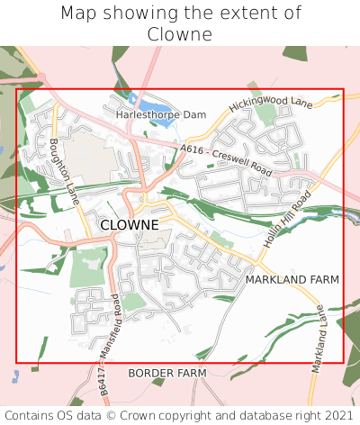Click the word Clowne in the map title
[x=180, y=34]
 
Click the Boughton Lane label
[x=64, y=169]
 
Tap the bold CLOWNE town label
[x=130, y=224]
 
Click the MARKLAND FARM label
[x=292, y=280]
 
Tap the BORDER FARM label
[x=166, y=373]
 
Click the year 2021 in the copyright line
[x=337, y=415]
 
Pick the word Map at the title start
[x=78, y=14]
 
